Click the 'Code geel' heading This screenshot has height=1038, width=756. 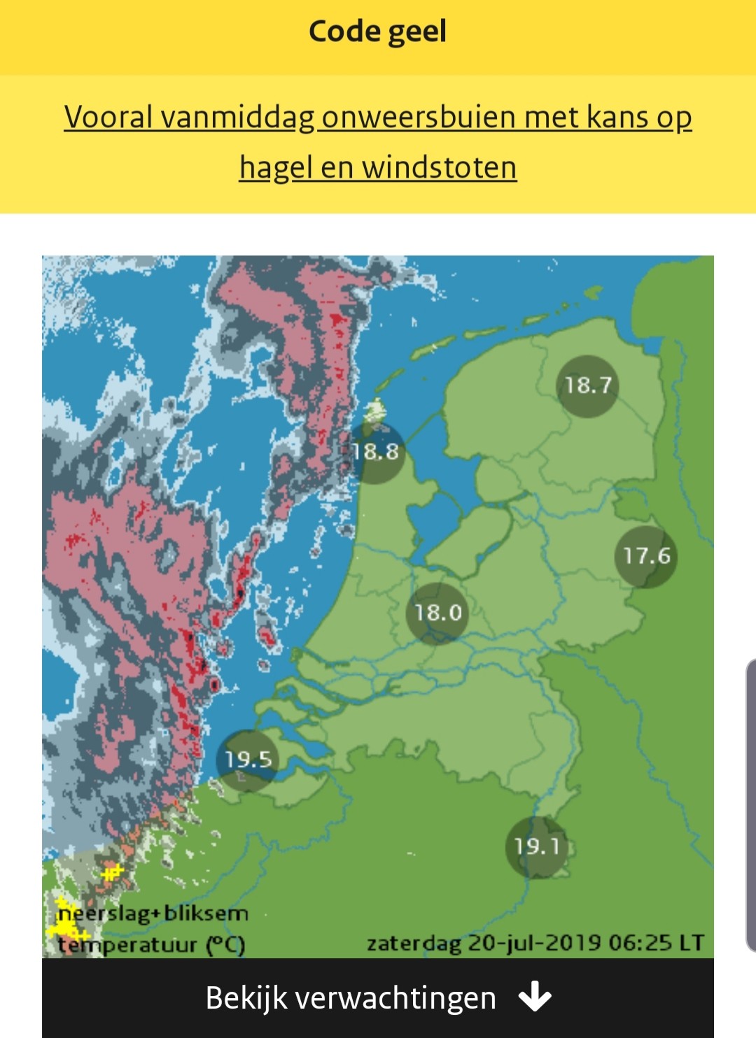tap(377, 32)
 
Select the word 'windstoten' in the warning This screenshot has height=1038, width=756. tap(439, 168)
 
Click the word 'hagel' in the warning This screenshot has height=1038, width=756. tap(275, 168)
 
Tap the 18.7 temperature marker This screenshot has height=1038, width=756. tap(588, 385)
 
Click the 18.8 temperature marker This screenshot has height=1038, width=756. tap(376, 452)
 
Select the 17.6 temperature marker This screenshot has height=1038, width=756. tap(647, 556)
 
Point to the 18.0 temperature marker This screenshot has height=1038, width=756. tap(438, 613)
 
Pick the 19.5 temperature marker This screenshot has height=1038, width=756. tap(248, 760)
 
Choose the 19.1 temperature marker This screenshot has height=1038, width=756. tap(537, 847)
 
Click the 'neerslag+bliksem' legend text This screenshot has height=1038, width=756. tap(153, 913)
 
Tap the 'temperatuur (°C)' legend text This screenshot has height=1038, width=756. tap(151, 945)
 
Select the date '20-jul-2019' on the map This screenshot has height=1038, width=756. tap(534, 943)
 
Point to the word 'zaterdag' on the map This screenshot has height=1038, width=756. tap(414, 944)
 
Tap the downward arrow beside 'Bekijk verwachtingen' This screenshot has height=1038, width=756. tap(535, 997)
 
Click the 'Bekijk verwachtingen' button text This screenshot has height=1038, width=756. tap(350, 998)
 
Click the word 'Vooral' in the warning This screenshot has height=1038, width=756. tap(108, 118)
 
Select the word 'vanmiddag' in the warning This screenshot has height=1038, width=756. tap(238, 118)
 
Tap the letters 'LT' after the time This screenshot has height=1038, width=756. tap(690, 943)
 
